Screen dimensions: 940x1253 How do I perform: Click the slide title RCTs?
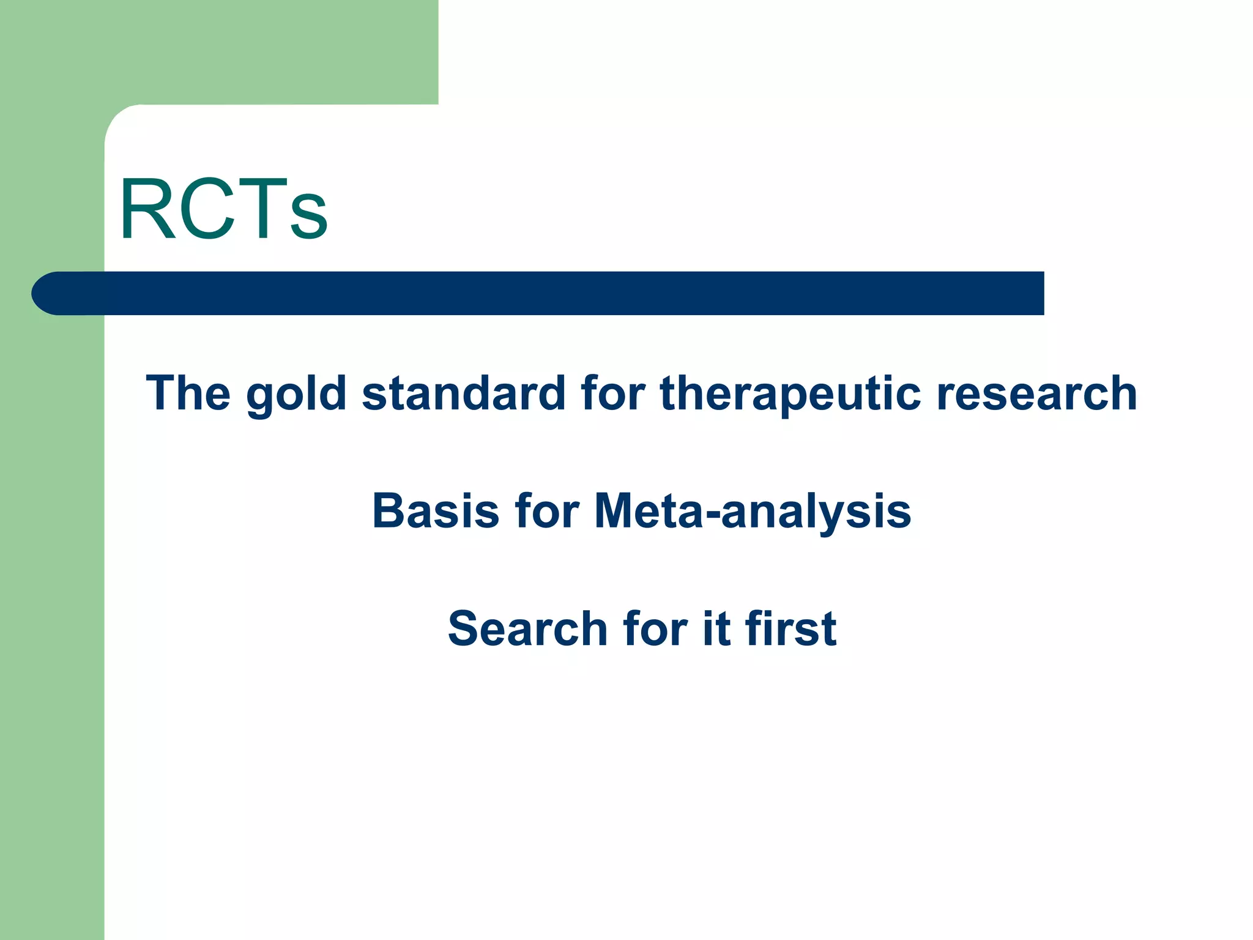[224, 210]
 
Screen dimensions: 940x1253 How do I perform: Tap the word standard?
[464, 394]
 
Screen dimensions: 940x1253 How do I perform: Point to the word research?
[1036, 394]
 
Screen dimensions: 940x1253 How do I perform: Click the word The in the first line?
[188, 394]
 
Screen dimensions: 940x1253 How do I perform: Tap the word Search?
[527, 629]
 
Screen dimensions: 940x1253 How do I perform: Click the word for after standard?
[613, 394]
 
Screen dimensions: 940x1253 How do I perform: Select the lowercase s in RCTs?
[309, 219]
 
